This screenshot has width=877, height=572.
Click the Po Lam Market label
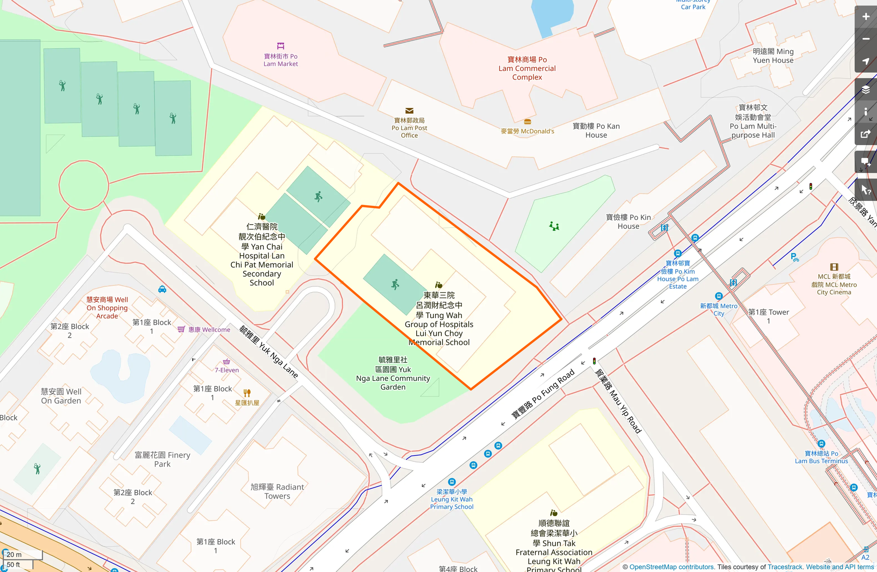280,60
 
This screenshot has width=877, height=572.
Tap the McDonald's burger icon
527,122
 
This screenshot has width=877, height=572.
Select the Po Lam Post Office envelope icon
409,111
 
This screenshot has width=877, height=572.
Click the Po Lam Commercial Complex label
527,68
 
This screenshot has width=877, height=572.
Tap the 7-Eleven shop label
227,370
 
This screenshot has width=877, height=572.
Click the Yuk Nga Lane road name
269,352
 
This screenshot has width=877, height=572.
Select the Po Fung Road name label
543,394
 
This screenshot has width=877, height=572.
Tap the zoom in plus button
865,17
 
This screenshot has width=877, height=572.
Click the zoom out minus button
865,39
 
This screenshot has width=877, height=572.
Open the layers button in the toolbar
865,90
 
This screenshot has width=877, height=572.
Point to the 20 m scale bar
22,555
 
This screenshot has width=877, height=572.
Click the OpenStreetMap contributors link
671,567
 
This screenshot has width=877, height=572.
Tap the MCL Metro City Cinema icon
834,267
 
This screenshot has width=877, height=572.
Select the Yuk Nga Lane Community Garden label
393,373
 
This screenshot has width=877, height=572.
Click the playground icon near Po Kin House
554,226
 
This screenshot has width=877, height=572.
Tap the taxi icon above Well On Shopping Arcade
162,289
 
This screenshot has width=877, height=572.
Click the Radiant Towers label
277,492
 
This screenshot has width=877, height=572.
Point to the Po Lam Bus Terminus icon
821,444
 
